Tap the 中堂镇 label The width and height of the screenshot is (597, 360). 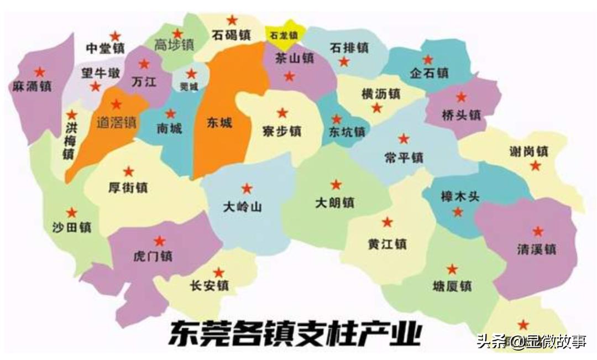[105, 49]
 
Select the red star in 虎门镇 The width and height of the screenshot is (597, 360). [160, 241]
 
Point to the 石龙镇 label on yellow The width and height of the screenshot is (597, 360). [284, 35]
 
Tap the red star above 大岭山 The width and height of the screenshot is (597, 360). [247, 188]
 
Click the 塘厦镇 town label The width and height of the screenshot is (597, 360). [452, 286]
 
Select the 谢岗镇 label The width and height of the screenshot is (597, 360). [528, 151]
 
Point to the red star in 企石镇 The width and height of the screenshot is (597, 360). [428, 60]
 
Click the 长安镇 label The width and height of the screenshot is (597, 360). [208, 286]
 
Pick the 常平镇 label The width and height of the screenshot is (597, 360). [404, 157]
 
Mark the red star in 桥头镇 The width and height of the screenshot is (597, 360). [461, 97]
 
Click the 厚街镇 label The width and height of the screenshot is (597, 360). [128, 187]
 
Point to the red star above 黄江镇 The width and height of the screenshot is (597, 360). [387, 222]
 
